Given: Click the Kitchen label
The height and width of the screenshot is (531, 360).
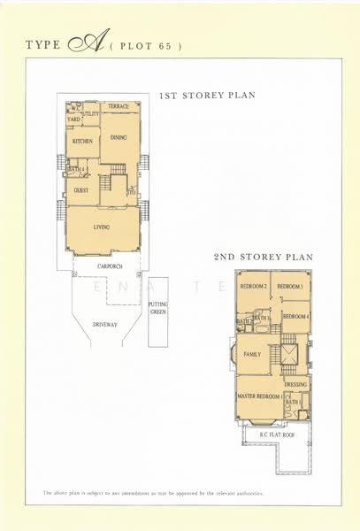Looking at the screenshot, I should [x=82, y=141].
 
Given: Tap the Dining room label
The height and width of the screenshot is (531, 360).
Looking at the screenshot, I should [x=118, y=138].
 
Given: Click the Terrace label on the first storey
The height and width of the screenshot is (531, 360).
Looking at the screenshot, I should [x=119, y=107].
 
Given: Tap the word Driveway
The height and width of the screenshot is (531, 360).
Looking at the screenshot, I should [x=104, y=325].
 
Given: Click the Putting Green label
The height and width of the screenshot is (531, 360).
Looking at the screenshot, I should [x=158, y=308].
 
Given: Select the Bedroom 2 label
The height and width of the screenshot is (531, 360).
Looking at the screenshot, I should [x=254, y=287].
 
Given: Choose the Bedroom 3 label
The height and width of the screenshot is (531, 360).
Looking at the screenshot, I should [x=290, y=287].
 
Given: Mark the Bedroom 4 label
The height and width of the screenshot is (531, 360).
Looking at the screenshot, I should [x=295, y=316].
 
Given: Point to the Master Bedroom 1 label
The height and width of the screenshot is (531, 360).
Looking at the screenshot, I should [x=258, y=396].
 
